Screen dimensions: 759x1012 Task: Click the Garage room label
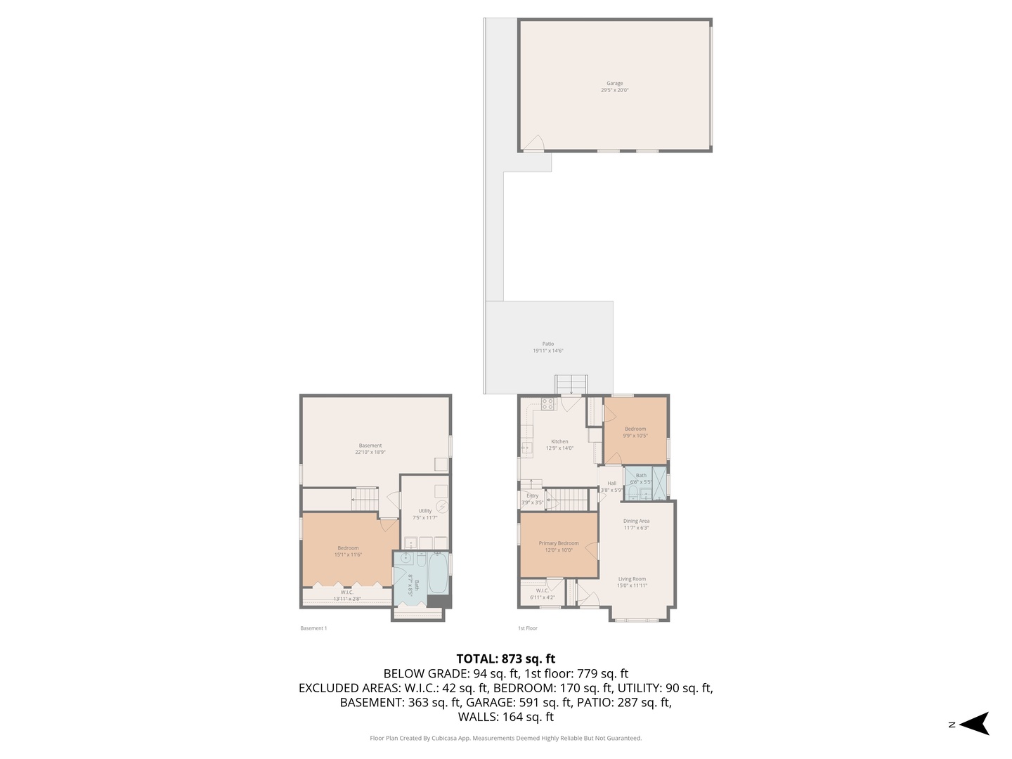(615, 84)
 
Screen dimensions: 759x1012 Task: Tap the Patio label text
(548, 344)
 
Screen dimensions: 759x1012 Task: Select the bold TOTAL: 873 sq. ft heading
(506, 659)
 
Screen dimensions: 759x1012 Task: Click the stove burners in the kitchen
(548, 404)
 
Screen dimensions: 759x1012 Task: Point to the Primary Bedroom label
(559, 543)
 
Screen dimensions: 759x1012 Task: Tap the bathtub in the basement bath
(436, 573)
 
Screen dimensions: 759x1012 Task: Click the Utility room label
(425, 511)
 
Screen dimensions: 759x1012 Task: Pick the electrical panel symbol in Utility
(442, 507)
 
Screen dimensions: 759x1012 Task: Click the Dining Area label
(636, 521)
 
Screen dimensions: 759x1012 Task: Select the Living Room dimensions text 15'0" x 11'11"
(632, 585)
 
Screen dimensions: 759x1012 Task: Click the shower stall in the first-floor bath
(659, 478)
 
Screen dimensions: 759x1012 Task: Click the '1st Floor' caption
(528, 628)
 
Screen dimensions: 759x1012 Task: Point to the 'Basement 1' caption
(313, 628)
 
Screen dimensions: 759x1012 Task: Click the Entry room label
(533, 496)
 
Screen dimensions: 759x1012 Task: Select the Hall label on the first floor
(612, 484)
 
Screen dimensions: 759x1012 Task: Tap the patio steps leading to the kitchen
(571, 385)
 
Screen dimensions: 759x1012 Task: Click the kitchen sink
(526, 446)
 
